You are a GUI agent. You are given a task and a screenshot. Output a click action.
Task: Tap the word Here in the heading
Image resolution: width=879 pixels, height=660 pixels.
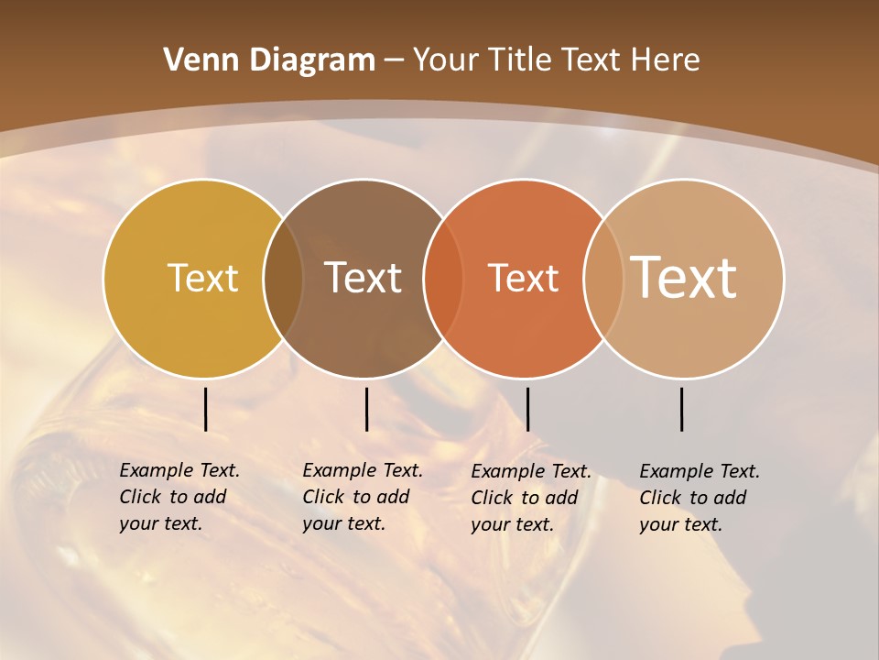click(666, 60)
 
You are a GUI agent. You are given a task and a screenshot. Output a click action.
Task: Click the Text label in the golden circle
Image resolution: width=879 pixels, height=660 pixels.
click(202, 278)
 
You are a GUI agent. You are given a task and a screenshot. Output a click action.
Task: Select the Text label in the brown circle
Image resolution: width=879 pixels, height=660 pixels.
click(364, 278)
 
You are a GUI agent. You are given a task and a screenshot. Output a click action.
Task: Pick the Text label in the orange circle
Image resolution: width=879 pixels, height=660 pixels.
click(524, 278)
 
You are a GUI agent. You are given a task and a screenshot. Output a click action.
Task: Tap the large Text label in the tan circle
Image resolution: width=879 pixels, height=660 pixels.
click(684, 277)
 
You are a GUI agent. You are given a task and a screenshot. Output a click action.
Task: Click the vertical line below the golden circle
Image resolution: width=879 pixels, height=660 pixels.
click(205, 409)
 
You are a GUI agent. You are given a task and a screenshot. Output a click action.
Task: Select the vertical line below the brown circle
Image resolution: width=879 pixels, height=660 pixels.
click(366, 409)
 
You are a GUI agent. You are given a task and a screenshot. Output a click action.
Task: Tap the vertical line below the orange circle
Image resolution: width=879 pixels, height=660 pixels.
click(527, 409)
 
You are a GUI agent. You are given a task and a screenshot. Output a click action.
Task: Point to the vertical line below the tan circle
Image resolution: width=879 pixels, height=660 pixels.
click(682, 409)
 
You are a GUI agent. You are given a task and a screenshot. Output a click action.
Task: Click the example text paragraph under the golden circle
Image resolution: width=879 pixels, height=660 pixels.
click(179, 497)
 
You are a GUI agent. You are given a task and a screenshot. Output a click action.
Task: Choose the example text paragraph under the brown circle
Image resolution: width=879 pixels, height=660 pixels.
click(362, 497)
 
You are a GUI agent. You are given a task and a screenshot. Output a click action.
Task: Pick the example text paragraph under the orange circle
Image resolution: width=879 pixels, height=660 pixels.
click(530, 498)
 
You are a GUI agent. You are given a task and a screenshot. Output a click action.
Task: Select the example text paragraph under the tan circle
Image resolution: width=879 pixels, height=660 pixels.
click(699, 498)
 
